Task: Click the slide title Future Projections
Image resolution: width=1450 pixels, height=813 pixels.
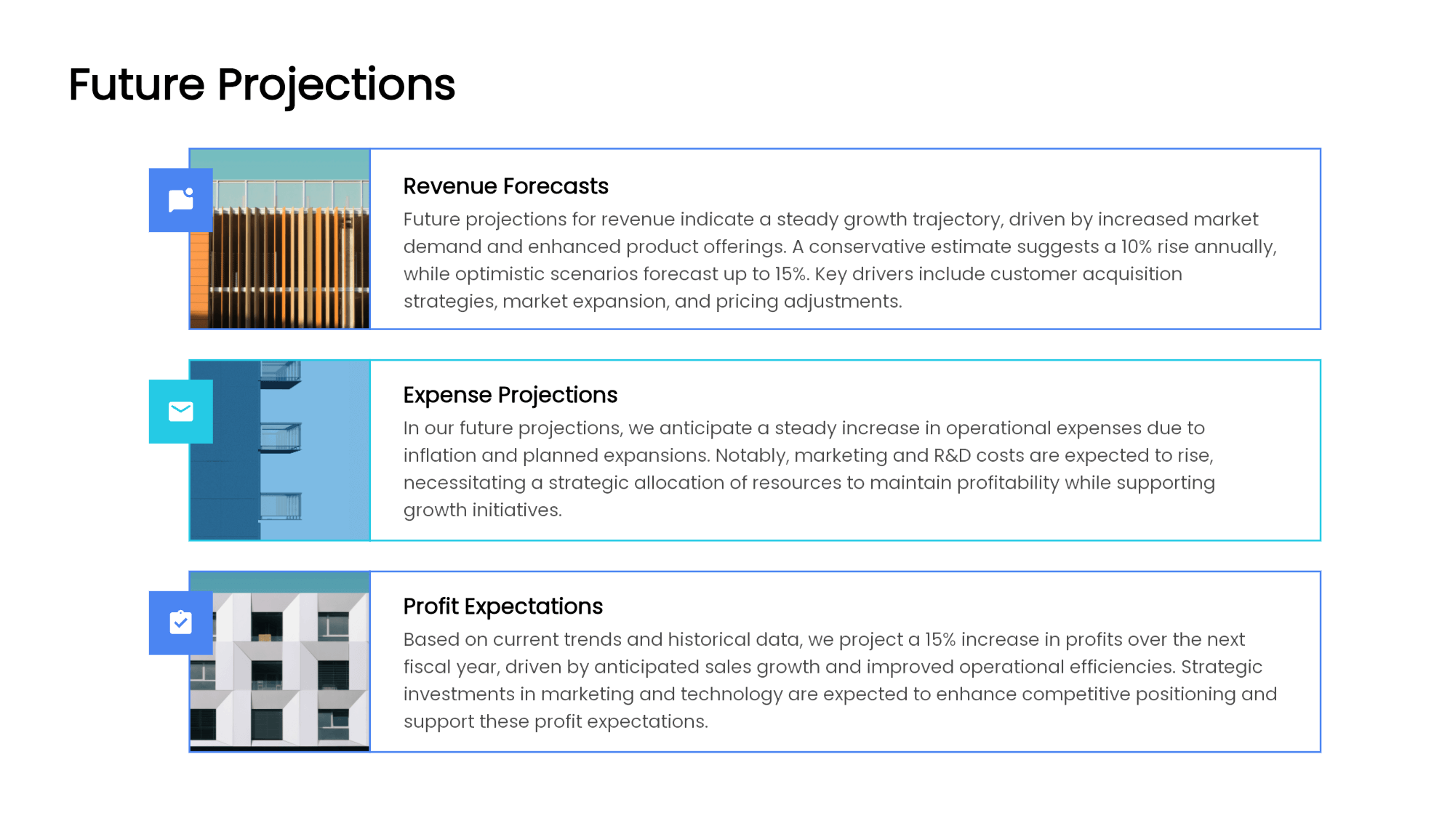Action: tap(262, 85)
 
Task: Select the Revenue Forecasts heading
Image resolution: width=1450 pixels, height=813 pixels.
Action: tap(505, 186)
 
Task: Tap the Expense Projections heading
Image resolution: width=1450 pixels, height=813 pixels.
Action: tap(510, 395)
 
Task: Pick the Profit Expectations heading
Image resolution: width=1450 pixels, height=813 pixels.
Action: tap(502, 606)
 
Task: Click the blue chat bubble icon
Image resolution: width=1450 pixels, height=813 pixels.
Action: tap(180, 200)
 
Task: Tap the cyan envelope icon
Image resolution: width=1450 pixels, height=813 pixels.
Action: tap(180, 412)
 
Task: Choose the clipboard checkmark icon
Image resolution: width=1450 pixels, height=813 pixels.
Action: tap(180, 623)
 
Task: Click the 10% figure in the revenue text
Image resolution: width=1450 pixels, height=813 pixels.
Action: tap(1135, 247)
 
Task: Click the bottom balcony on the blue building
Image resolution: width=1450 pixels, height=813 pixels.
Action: tap(281, 506)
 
